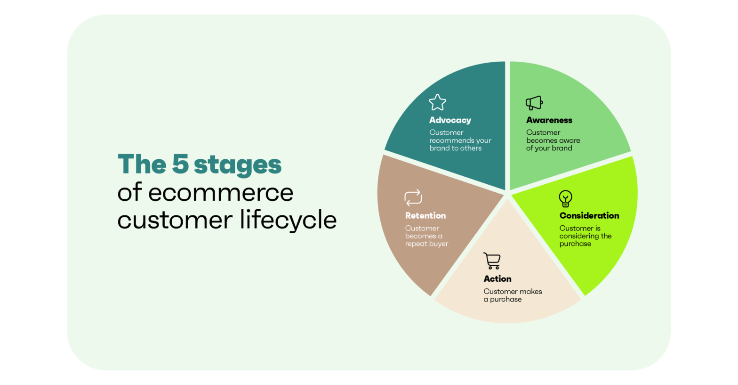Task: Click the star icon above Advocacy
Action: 437,102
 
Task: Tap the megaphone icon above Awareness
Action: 534,103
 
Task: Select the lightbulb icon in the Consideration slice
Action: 565,198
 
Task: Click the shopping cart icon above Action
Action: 492,261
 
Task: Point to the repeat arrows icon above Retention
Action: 413,197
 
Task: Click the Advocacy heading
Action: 450,120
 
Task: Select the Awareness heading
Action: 549,120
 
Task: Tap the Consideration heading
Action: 589,215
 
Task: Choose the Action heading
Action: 497,279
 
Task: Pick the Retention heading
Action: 425,215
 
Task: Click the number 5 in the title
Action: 180,164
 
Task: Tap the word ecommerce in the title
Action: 221,192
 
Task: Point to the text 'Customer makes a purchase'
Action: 513,295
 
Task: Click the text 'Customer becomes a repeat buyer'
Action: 426,236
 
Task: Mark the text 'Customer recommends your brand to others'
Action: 460,140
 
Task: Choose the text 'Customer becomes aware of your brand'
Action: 553,140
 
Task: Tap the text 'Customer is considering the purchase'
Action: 585,236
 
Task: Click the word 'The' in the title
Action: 141,164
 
